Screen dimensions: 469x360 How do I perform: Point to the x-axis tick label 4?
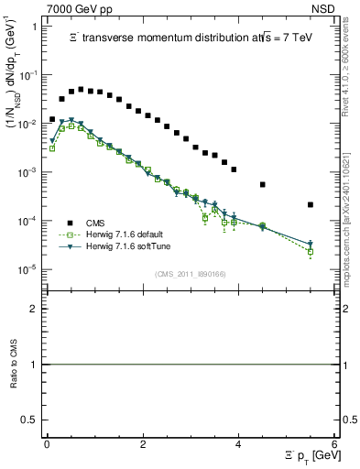coord(238,442)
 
